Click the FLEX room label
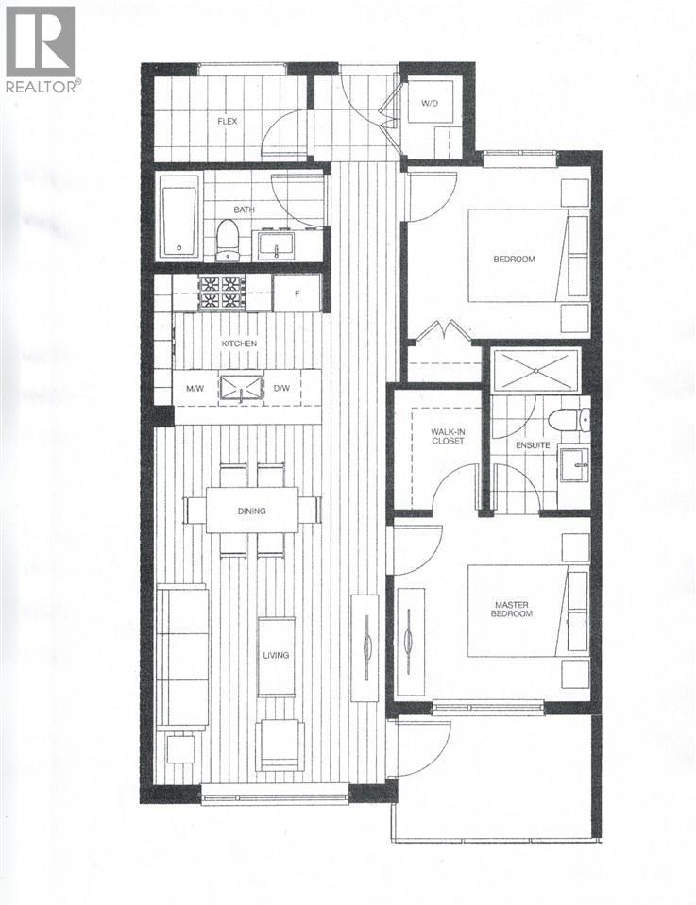(227, 121)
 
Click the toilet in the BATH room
(227, 240)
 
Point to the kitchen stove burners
(221, 292)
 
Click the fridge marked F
(297, 293)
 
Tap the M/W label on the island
(196, 388)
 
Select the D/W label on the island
(281, 388)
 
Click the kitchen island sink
(239, 388)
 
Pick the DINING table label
(251, 511)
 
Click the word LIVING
(276, 654)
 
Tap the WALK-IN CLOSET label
(447, 436)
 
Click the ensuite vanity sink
(574, 464)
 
